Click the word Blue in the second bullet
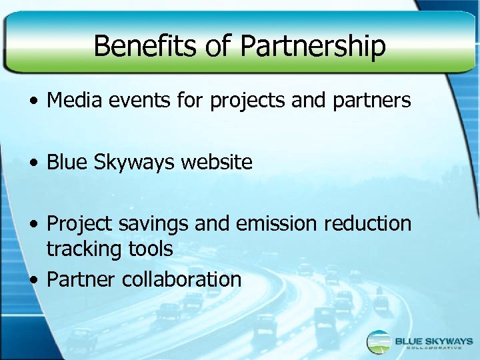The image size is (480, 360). pyautogui.click(x=66, y=162)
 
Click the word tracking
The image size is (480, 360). pyautogui.click(x=79, y=249)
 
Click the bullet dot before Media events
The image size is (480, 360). pyautogui.click(x=33, y=102)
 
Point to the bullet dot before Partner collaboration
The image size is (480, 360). pyautogui.click(x=33, y=280)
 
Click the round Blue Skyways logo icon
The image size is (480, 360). pyautogui.click(x=379, y=342)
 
